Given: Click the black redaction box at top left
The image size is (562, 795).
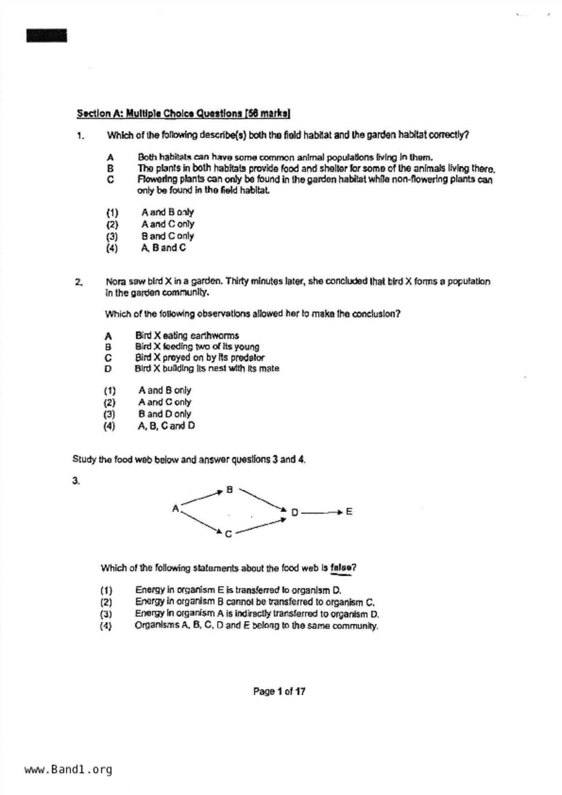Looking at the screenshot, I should tap(46, 35).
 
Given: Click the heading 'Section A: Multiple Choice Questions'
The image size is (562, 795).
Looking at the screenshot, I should tap(183, 113).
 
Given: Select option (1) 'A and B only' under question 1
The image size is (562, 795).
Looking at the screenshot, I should tap(167, 212).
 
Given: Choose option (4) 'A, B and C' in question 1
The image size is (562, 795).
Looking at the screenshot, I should tap(163, 248).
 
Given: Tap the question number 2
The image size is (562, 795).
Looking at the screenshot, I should tap(78, 282).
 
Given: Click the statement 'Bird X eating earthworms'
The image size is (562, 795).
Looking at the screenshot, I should tap(187, 336).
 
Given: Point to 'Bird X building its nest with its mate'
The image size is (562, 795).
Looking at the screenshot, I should tap(207, 368).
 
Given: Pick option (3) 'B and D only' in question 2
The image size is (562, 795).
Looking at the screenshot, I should tap(164, 414).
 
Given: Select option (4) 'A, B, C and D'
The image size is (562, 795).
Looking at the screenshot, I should tap(166, 426).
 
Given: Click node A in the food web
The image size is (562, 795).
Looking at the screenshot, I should tap(176, 509).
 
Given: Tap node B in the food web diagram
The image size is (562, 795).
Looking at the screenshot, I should tap(230, 490).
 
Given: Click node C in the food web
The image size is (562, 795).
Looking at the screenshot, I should tap(228, 534).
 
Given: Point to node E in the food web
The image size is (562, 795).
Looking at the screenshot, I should tap(349, 512).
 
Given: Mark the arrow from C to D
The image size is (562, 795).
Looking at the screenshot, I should tap(260, 526).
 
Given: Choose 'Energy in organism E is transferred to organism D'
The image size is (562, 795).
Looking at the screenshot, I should tap(238, 590).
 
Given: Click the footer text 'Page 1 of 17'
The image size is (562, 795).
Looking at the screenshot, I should tap(279, 691).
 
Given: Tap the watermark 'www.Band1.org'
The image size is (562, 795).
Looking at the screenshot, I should tap(68, 770).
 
